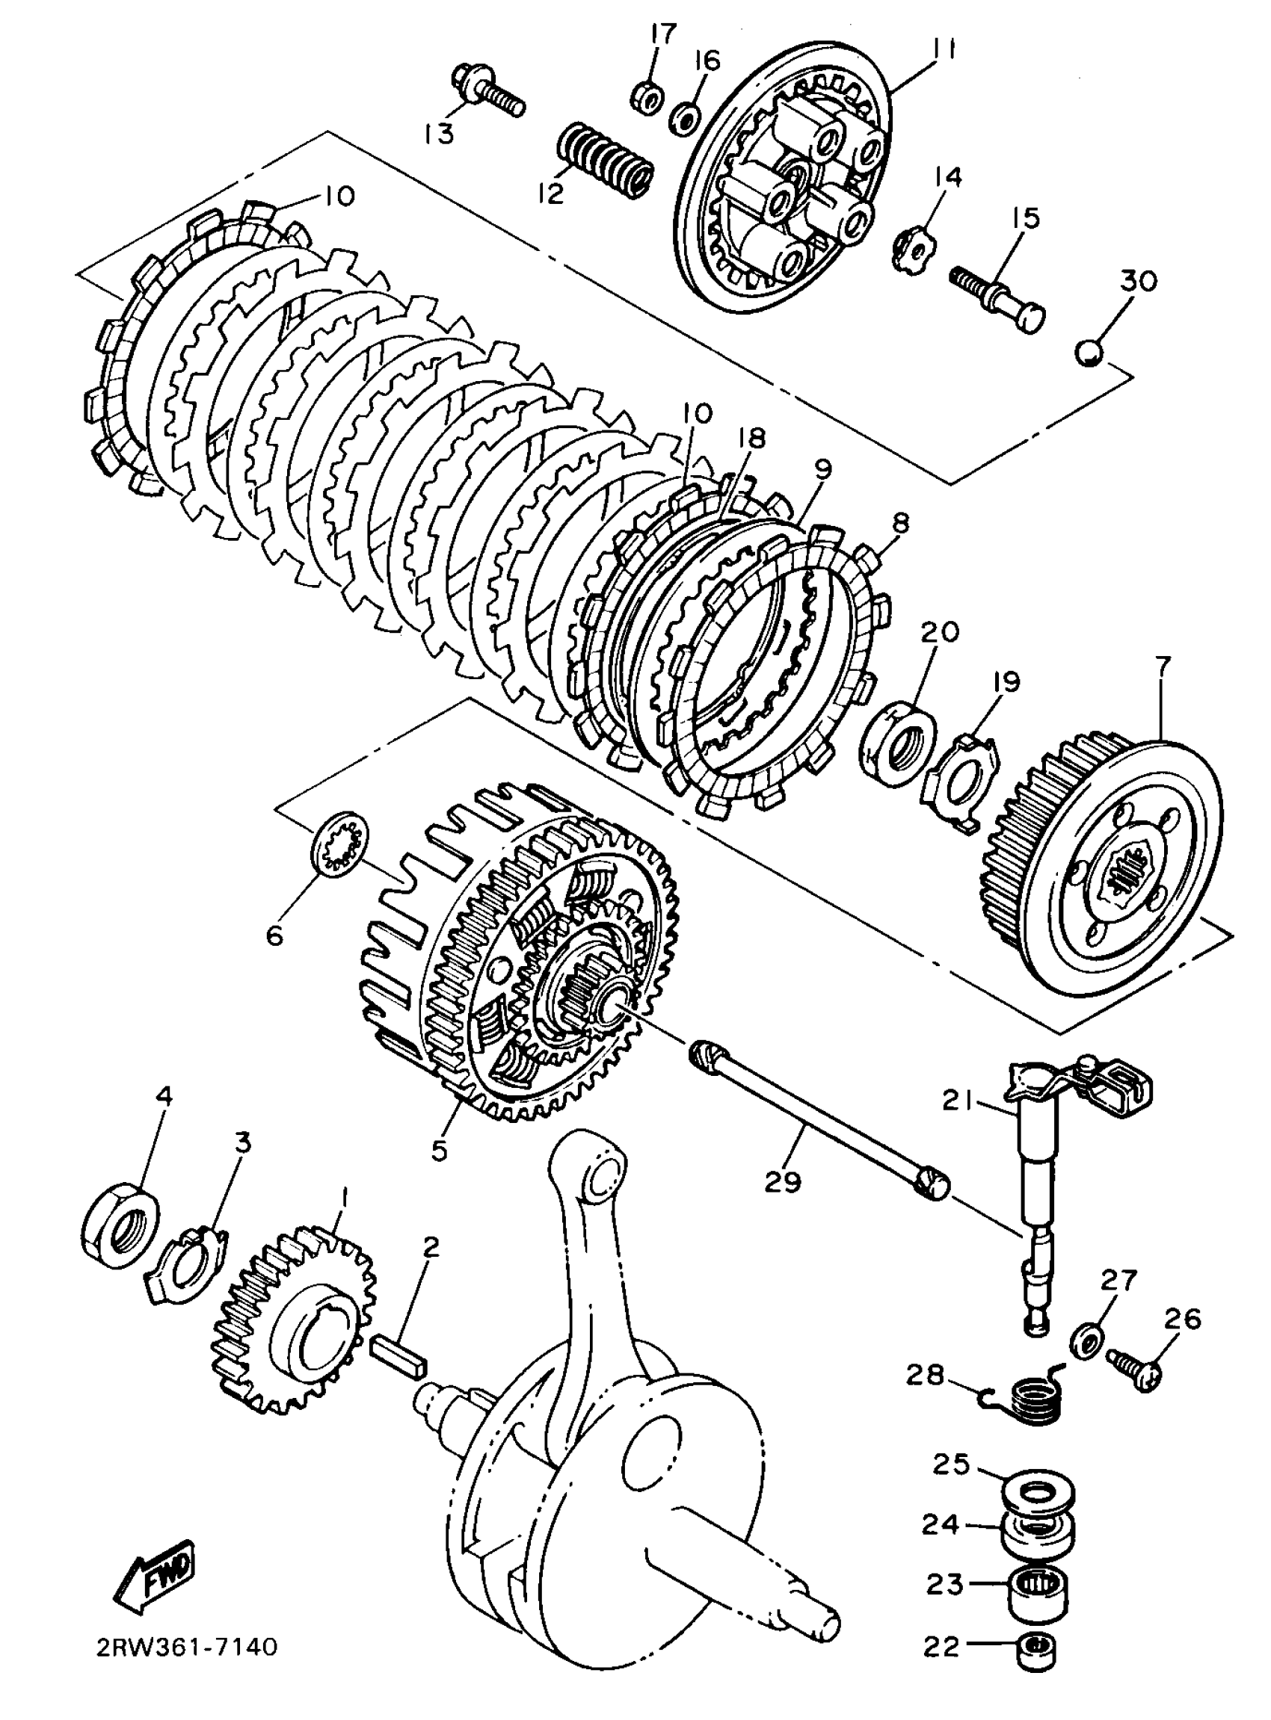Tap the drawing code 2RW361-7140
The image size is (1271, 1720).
click(186, 1648)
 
